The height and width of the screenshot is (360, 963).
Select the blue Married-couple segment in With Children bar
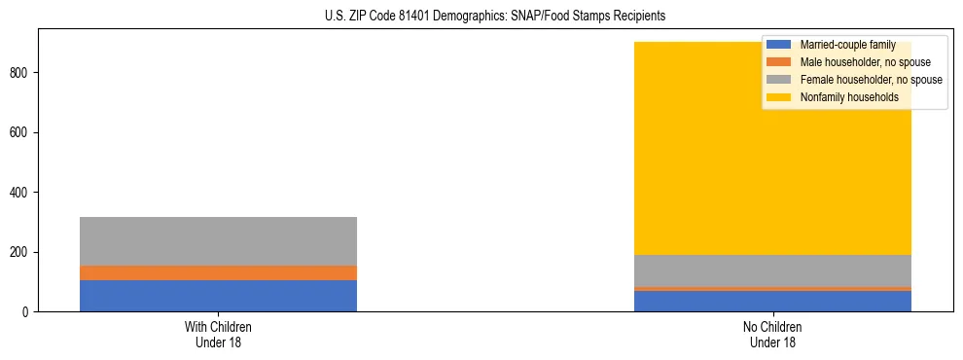click(218, 296)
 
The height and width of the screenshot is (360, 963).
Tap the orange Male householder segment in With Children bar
click(218, 272)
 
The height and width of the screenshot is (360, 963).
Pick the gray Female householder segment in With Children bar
click(218, 241)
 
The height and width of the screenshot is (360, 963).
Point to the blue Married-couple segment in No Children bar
click(773, 301)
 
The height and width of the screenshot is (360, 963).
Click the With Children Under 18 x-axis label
click(218, 335)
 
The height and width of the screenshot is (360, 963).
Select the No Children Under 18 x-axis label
click(773, 335)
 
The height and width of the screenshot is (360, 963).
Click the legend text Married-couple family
click(847, 45)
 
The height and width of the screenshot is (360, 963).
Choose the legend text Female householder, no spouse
click(871, 80)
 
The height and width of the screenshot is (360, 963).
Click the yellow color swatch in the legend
click(779, 97)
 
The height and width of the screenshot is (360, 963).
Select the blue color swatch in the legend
click(779, 45)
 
